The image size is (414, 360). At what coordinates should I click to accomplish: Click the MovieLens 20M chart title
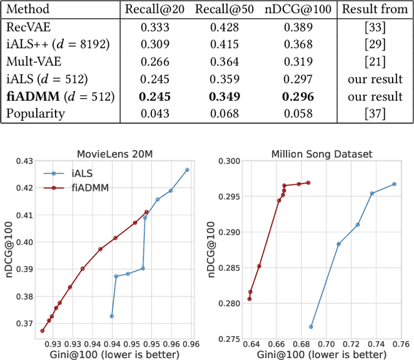(118, 153)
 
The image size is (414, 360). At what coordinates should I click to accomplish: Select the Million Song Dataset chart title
(321, 153)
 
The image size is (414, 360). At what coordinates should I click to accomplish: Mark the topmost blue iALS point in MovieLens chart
(187, 170)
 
